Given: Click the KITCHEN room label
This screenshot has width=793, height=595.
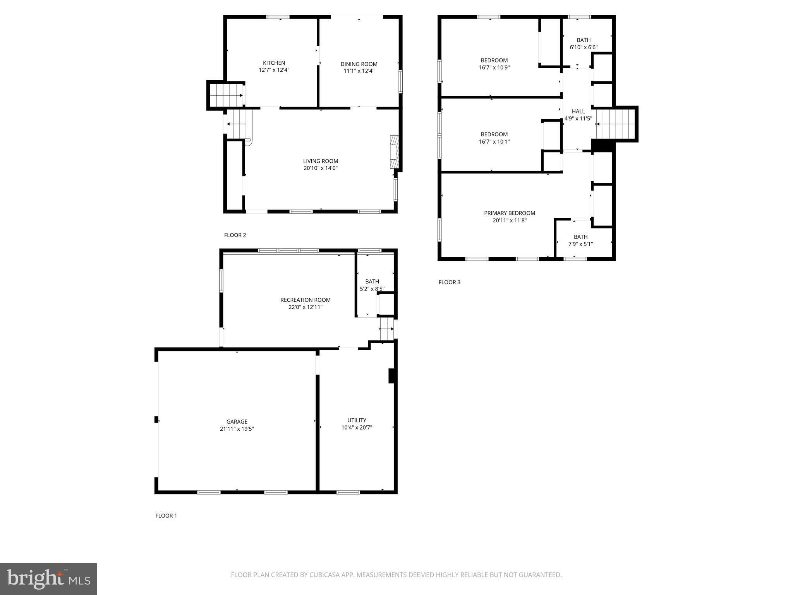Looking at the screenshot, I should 274,63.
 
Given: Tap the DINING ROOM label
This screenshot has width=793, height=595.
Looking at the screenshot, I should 359,64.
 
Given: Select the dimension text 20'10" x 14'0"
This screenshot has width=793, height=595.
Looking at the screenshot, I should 321,168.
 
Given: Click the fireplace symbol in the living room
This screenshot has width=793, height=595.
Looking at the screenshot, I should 394,152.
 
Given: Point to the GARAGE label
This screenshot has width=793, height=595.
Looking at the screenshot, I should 237,421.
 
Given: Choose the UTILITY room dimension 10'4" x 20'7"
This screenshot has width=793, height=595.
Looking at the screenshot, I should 357,428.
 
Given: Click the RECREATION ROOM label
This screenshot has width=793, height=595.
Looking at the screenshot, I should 306,300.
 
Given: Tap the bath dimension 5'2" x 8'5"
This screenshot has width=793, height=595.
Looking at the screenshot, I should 372,289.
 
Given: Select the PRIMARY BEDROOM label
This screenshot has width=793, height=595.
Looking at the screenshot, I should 510,213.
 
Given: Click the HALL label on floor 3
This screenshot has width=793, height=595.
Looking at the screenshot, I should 578,111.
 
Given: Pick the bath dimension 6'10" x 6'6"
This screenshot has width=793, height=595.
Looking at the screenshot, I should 584,47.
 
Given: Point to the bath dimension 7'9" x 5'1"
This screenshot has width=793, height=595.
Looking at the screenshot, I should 580,244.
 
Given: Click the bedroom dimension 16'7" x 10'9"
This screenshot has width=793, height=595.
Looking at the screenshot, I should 494,67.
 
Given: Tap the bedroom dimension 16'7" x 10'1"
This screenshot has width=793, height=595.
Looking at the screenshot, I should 494,142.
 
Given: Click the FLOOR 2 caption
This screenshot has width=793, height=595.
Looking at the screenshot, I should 235,235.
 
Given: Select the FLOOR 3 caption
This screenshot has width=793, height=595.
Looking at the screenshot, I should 449,282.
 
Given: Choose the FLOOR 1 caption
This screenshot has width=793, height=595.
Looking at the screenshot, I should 166,516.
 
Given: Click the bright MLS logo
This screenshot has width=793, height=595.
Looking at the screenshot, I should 48,579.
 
